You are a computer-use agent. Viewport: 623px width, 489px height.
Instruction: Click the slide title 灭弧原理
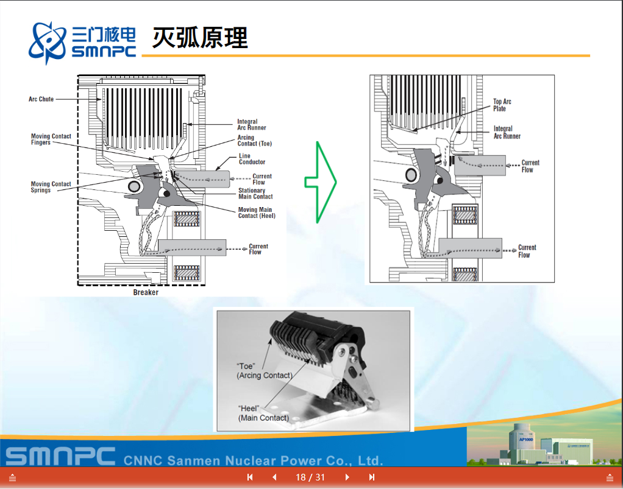[200, 38]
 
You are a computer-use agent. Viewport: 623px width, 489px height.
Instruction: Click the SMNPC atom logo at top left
[48, 41]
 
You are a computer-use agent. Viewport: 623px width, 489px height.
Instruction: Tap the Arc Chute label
[41, 99]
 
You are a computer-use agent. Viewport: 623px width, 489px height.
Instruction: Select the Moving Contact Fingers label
[51, 139]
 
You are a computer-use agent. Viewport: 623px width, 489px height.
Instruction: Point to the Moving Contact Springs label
[51, 187]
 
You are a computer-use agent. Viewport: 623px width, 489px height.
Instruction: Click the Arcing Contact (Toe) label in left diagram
[254, 141]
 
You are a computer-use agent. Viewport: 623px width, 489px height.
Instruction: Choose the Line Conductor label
[252, 159]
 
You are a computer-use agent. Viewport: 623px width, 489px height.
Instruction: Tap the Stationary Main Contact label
[255, 194]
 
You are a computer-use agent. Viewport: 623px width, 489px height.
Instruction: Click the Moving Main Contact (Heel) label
[256, 213]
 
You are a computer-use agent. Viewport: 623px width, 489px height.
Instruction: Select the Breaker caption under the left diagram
[146, 292]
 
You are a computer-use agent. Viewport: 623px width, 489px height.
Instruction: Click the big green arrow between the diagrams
[320, 181]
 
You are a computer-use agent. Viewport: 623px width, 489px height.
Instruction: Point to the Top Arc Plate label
[502, 105]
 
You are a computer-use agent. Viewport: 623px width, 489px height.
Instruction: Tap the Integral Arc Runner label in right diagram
[507, 132]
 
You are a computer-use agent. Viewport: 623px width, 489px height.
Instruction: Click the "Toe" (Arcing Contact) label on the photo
[264, 371]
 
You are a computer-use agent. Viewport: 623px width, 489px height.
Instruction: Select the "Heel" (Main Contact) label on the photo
[263, 413]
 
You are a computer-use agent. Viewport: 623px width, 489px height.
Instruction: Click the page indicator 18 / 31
[310, 477]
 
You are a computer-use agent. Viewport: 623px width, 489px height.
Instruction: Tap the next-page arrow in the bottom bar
[347, 477]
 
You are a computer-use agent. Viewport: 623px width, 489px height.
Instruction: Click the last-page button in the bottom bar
[372, 477]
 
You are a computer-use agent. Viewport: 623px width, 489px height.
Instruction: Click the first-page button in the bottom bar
[250, 477]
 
